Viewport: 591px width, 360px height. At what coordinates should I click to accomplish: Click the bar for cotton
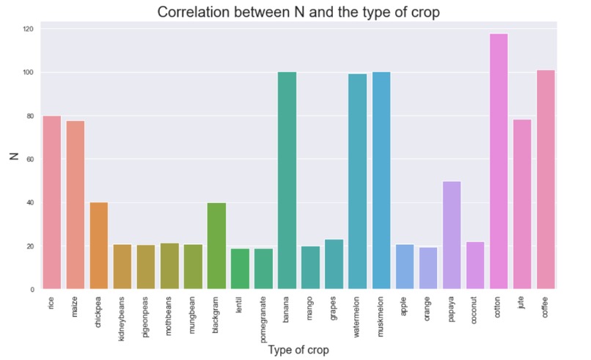[x=499, y=161]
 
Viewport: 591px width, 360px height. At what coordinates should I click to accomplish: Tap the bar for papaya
[x=452, y=235]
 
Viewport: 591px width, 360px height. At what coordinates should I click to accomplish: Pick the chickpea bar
[x=98, y=246]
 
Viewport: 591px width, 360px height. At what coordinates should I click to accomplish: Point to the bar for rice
[x=51, y=202]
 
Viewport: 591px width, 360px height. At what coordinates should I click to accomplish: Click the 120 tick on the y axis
[x=28, y=29]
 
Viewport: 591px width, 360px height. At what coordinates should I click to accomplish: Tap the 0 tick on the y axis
[x=32, y=290]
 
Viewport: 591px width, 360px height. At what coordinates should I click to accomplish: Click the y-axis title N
[x=12, y=155]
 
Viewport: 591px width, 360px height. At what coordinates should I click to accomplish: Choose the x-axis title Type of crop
[x=298, y=350]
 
